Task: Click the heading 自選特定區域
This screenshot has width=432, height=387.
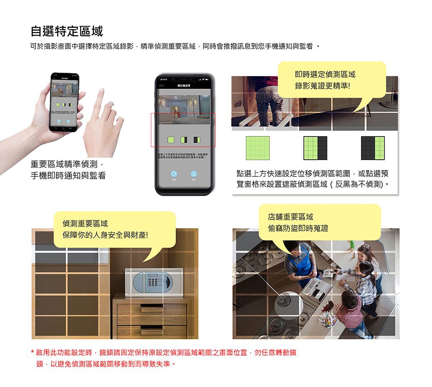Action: (66, 31)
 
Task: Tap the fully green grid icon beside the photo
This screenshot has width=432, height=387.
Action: (258, 148)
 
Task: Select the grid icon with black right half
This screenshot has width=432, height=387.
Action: (315, 148)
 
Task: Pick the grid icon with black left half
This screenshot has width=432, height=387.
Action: (373, 148)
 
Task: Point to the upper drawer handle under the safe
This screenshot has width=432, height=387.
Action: (152, 309)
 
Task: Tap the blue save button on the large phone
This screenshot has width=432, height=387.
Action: (194, 174)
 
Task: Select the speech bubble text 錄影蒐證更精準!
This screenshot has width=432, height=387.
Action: (322, 87)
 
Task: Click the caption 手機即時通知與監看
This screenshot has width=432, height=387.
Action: (68, 175)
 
